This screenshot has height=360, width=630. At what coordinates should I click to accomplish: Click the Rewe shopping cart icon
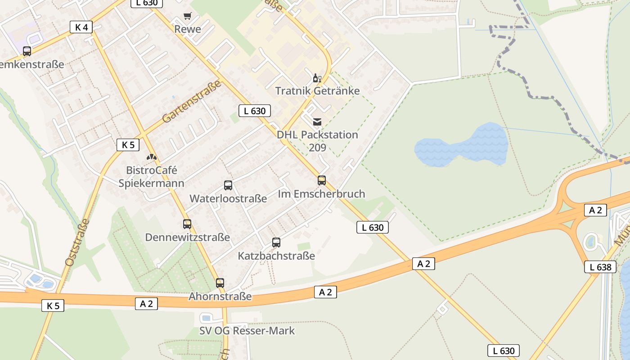click(187, 16)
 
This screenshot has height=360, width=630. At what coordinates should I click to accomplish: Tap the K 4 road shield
click(81, 27)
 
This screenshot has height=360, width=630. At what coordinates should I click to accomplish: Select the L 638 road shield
click(600, 267)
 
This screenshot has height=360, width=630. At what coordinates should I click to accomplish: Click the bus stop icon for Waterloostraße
click(228, 185)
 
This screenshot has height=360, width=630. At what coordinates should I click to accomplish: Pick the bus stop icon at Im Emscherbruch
click(322, 180)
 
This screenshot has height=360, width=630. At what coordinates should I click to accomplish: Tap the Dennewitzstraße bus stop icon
click(187, 224)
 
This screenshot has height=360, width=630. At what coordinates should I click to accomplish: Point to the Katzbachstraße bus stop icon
click(276, 243)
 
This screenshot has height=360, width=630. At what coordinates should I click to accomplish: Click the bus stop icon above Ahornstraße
click(220, 283)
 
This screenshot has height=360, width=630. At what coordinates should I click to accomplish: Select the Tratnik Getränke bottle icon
click(317, 78)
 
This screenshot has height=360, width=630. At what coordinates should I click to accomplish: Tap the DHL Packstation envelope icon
click(317, 121)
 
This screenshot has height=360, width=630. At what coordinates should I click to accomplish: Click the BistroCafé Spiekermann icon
click(152, 157)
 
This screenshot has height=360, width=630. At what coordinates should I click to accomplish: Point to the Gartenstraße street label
click(192, 102)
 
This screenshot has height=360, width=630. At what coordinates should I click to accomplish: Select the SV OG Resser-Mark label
click(247, 331)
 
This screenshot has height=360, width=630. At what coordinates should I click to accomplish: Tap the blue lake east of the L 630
click(463, 145)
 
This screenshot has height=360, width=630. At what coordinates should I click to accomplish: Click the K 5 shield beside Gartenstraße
click(128, 145)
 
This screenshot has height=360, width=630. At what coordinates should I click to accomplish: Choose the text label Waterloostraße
click(228, 198)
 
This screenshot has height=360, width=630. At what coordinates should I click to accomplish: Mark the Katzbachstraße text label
click(276, 256)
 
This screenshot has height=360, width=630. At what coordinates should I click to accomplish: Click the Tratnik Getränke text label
click(317, 91)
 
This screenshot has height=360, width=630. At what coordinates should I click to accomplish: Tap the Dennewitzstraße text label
click(187, 237)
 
